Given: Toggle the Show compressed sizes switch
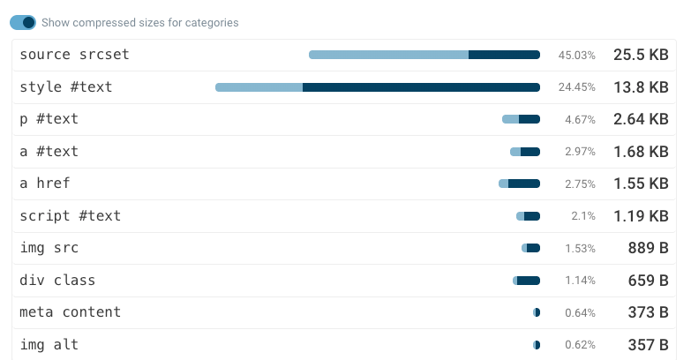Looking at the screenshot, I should [x=24, y=22].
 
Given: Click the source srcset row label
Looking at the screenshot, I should [x=74, y=55].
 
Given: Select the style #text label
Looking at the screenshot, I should [x=65, y=87].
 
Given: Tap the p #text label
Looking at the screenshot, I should [x=49, y=119].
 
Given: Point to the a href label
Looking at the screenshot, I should [x=44, y=184].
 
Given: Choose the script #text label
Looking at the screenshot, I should [x=70, y=215].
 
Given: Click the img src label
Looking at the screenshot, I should [x=49, y=248].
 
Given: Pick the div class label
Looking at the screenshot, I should [x=56, y=281].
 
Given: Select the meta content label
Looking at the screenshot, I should [x=70, y=312].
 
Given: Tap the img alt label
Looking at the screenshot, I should [x=49, y=345].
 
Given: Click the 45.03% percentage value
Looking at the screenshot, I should [x=576, y=56].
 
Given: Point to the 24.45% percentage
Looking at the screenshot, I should [x=576, y=87].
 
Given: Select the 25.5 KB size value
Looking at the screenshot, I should [x=641, y=55].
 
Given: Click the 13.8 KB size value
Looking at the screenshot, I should [x=641, y=87].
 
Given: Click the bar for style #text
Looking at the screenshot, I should [x=378, y=87].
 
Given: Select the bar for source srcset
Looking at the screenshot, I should [x=424, y=55].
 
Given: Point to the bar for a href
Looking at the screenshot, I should [x=519, y=184].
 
